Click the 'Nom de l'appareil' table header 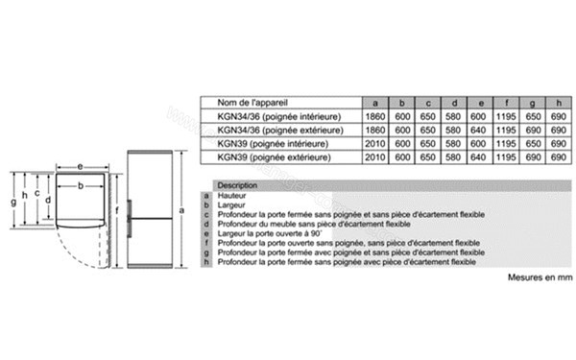coord(252,103)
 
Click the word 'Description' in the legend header coord(237,185)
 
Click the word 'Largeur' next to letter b coord(231,204)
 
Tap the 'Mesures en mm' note coord(540,276)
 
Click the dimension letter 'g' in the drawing coord(13,203)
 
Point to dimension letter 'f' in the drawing coord(115,208)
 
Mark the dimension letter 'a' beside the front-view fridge coord(180,208)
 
